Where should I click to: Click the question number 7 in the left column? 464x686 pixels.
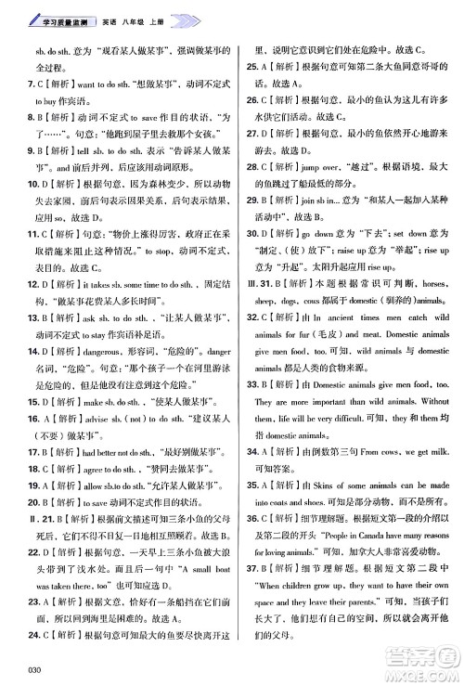pos(28,94)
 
